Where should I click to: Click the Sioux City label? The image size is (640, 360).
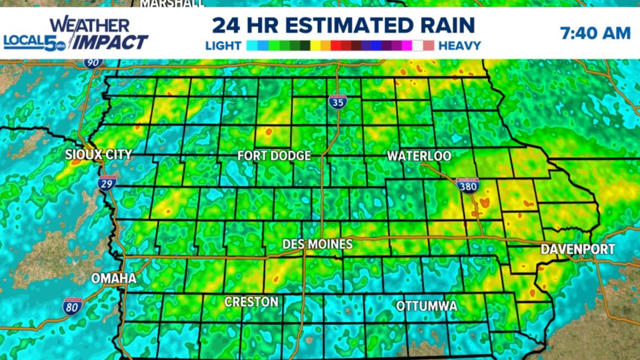pos(98,155)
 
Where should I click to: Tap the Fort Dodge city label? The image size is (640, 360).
pos(274,156)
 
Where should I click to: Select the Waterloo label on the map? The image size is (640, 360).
pos(419,156)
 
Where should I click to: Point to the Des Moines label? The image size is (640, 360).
pos(317,244)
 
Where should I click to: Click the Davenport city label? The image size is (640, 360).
pos(578,249)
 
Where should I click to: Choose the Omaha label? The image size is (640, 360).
pos(114,279)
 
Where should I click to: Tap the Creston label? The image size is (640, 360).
pos(252,302)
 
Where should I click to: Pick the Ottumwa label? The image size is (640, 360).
pos(427,307)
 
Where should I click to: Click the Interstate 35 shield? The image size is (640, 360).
pos(337,102)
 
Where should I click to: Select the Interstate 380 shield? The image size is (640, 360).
pos(467,186)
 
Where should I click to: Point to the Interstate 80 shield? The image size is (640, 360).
pos(73,306)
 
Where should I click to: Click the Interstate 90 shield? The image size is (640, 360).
pos(93,62)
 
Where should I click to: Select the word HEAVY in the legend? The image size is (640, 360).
pos(459,46)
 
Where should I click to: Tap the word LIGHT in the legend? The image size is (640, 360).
pos(223,46)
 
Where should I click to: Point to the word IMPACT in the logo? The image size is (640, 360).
pos(111,42)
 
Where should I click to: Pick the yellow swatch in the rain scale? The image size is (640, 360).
pos(316,46)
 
